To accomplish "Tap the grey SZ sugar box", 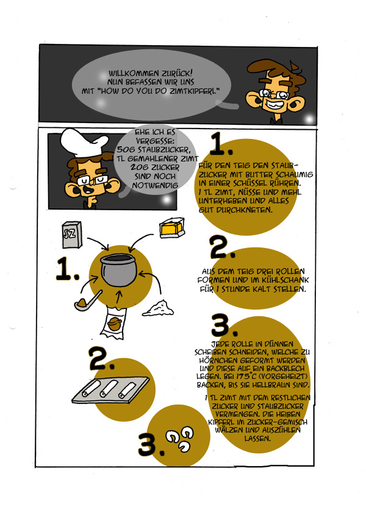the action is [x=71, y=235].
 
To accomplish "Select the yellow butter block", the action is [x=172, y=228].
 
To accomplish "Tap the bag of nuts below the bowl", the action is [x=114, y=324].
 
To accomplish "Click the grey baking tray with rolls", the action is [x=110, y=390].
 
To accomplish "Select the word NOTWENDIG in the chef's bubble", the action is [x=155, y=186].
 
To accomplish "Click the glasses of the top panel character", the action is [x=274, y=94].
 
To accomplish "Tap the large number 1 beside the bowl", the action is [x=67, y=269].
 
